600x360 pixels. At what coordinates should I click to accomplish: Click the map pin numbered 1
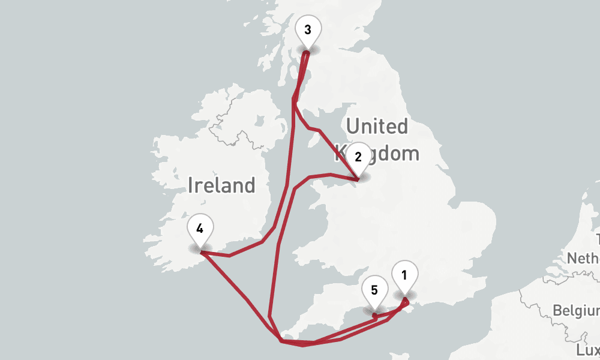[x=404, y=277]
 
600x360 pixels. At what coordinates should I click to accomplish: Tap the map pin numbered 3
[x=307, y=31]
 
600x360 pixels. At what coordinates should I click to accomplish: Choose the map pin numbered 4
[x=200, y=230]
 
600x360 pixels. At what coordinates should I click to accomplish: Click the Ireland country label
[x=221, y=185]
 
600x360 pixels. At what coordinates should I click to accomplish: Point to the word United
[x=377, y=127]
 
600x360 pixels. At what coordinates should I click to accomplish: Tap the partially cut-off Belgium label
[x=576, y=311]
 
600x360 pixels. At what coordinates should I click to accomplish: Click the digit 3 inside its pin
[x=307, y=29]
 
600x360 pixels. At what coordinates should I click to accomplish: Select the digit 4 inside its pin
[x=200, y=229]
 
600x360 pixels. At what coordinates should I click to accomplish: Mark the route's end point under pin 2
[x=358, y=179]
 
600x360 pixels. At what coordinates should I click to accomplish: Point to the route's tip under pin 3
[x=307, y=53]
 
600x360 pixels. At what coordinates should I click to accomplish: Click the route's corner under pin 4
[x=201, y=252]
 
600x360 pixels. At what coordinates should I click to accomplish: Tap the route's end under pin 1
[x=406, y=298]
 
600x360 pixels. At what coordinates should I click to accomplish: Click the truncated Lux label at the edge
[x=587, y=350]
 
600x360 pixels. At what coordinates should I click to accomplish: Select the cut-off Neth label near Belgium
[x=584, y=258]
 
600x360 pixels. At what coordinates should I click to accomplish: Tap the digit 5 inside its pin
[x=374, y=290]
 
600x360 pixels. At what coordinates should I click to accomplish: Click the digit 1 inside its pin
[x=404, y=275]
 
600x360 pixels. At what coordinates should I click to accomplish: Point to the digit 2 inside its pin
[x=358, y=157]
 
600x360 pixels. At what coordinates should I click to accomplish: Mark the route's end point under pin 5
[x=374, y=314]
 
